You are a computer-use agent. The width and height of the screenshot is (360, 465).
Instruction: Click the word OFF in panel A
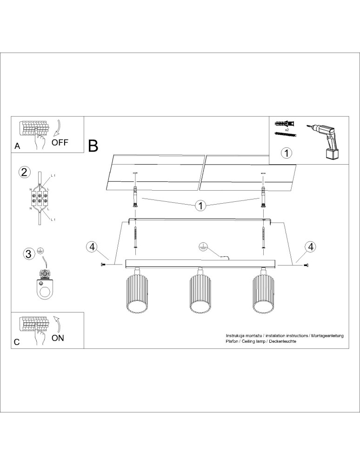coord(60,142)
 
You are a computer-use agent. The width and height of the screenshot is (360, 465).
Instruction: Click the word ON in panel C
coord(58,338)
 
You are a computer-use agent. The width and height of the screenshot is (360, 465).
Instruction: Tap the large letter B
coord(93,146)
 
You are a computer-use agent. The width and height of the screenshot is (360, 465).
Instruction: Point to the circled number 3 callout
coord(28,254)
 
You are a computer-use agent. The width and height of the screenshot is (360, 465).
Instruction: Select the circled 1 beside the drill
coord(287,152)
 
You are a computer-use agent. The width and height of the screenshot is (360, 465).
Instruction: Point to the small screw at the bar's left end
coord(103,265)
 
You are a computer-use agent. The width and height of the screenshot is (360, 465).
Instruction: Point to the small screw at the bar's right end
coord(306,265)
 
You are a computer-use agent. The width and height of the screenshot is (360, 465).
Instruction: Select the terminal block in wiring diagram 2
coord(40,199)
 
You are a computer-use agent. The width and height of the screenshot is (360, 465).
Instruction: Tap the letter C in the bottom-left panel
coord(17,342)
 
